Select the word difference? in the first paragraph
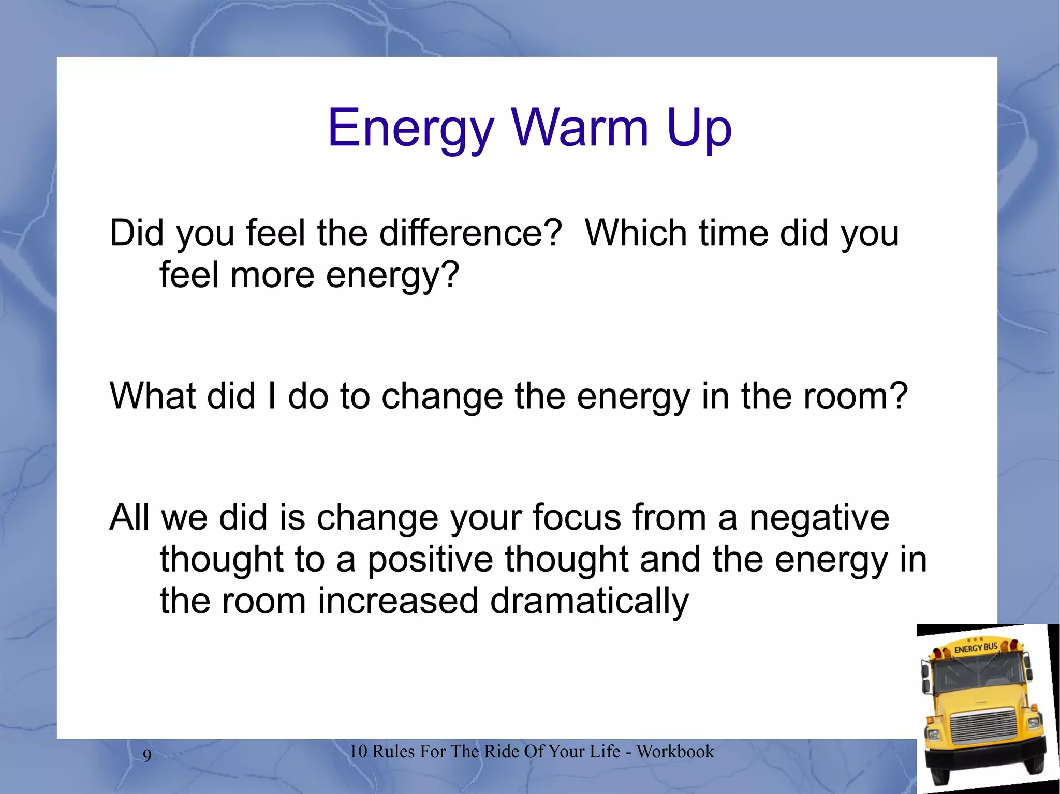[x=470, y=233]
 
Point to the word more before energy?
[x=272, y=275]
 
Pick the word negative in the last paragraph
[x=819, y=518]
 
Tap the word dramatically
[x=589, y=602]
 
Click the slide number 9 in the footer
[x=147, y=756]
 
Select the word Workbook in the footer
[x=675, y=752]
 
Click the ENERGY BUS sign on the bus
[x=976, y=648]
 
